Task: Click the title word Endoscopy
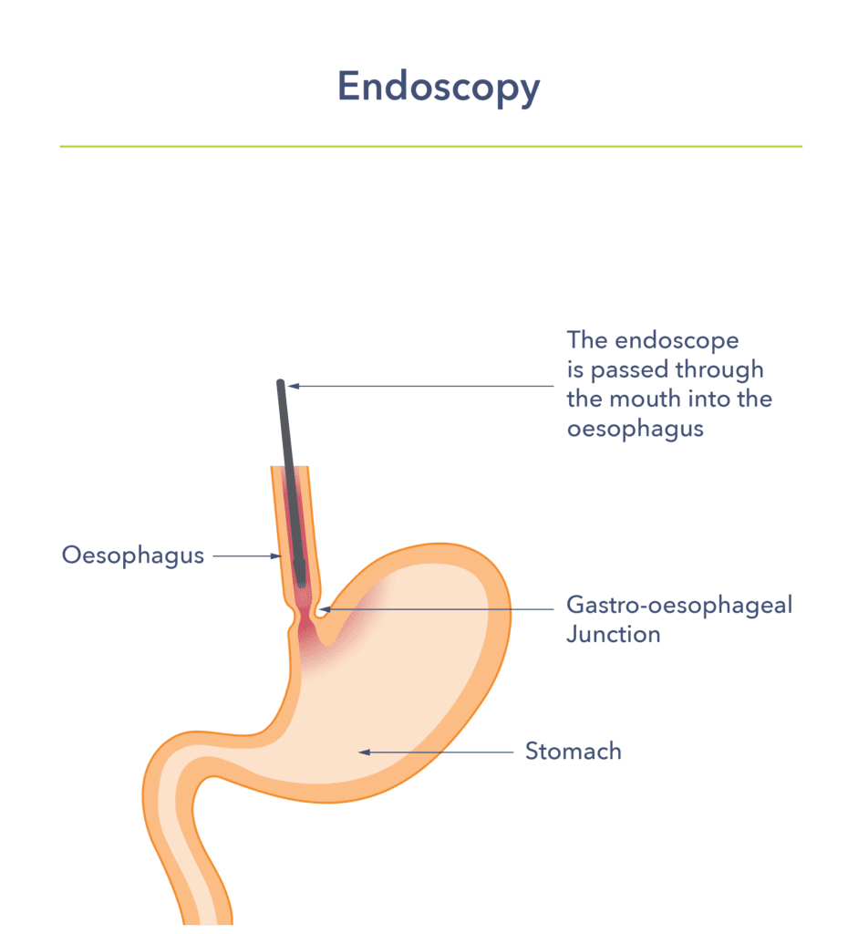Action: [439, 88]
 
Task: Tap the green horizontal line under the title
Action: [430, 146]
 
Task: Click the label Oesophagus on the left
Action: [133, 555]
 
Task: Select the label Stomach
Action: [574, 752]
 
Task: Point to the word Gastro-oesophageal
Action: [679, 605]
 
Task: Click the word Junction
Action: [613, 634]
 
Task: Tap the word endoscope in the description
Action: [677, 341]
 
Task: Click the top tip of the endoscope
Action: [281, 383]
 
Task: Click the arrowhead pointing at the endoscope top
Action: [294, 387]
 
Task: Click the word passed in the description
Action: [633, 370]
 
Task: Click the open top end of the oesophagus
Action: [290, 469]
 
